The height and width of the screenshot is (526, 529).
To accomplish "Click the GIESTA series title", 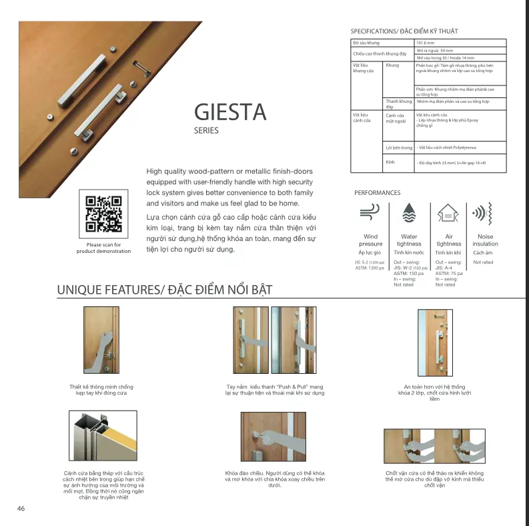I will pos(230,111).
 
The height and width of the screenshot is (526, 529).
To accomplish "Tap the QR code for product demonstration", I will pos(103,214).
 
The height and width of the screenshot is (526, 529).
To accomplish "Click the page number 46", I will pos(21,509).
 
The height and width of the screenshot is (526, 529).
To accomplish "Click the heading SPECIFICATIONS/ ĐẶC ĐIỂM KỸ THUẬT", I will pos(404,31).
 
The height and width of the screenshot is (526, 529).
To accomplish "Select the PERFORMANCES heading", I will pos(377,193).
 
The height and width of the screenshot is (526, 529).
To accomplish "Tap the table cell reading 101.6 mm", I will pos(425,43).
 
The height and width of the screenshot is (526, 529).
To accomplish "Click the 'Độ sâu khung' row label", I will pos(366,43).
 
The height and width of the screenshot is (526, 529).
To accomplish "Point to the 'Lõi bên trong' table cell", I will pos(399,147).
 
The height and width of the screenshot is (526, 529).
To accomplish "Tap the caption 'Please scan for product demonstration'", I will pos(103,248).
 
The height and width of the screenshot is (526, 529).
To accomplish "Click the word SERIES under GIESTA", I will pos(206,131).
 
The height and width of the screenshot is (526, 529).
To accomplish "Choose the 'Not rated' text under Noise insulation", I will pos(483,262).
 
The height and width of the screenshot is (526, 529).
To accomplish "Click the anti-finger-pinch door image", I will pos(101,340).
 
